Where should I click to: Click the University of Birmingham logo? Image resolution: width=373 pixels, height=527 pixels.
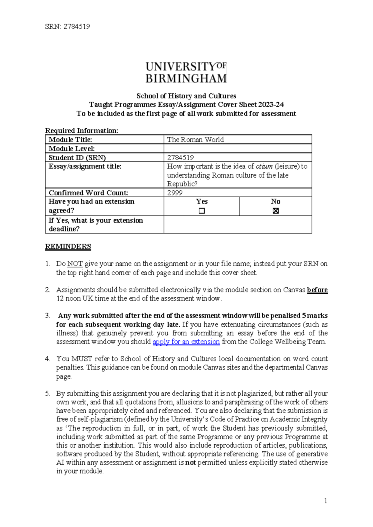186,72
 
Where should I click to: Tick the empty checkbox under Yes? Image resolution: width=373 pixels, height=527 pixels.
202,211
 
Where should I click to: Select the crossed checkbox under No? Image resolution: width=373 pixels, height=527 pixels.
275,211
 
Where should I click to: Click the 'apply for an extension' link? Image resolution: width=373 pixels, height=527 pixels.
186,342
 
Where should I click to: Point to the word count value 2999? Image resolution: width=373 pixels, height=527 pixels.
175,193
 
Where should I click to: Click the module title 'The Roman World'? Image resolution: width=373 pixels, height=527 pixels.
195,140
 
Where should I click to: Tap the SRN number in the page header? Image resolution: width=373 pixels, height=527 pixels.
76,27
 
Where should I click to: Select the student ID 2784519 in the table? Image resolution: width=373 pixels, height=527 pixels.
180,158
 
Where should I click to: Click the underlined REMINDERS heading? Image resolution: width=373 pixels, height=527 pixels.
68,246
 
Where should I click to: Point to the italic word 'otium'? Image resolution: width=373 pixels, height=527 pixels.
264,166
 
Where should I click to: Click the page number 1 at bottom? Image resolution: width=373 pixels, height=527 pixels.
325,501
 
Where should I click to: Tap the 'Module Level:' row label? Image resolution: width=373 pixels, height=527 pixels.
71,149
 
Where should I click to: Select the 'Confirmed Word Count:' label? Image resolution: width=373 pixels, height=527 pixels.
88,193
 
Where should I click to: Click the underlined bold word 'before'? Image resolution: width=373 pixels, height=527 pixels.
317,290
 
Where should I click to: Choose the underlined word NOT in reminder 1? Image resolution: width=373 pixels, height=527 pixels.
75,264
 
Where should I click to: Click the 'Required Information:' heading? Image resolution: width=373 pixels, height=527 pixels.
81,131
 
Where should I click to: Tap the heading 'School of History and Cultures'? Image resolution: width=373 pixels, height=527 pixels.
186,96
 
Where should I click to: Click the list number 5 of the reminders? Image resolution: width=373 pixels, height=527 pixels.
47,393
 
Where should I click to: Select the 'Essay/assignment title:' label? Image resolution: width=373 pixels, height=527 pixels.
85,166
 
